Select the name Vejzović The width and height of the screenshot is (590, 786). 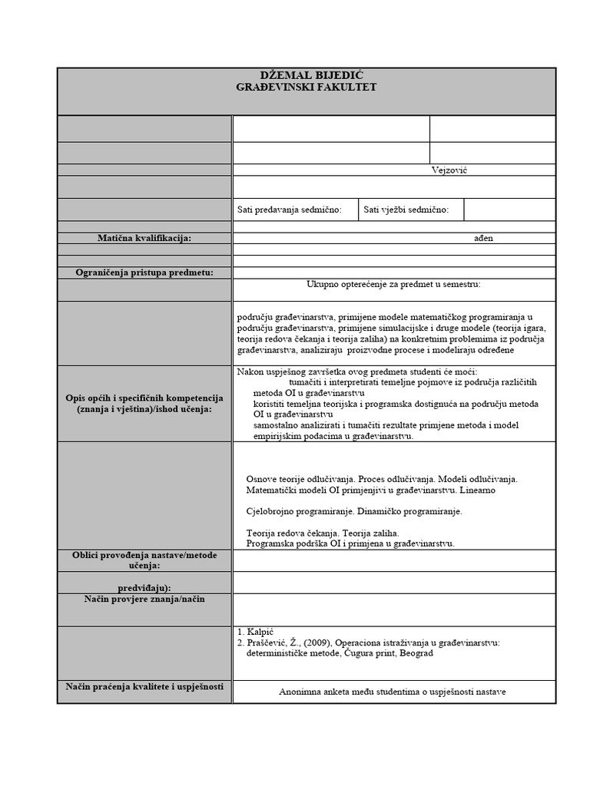click(x=449, y=170)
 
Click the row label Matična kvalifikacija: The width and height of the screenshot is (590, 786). click(x=144, y=239)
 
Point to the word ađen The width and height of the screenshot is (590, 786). click(x=483, y=239)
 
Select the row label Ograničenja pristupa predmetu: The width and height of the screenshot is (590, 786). click(x=144, y=272)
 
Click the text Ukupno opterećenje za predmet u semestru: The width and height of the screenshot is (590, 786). click(x=393, y=284)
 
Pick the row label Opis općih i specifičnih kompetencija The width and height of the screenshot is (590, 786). click(x=144, y=398)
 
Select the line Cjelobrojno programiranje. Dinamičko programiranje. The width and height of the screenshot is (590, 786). click(x=354, y=510)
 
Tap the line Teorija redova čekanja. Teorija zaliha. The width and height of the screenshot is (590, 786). click(x=323, y=533)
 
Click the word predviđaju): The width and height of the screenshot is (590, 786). click(x=144, y=587)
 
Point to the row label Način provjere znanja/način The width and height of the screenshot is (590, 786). click(x=144, y=598)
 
